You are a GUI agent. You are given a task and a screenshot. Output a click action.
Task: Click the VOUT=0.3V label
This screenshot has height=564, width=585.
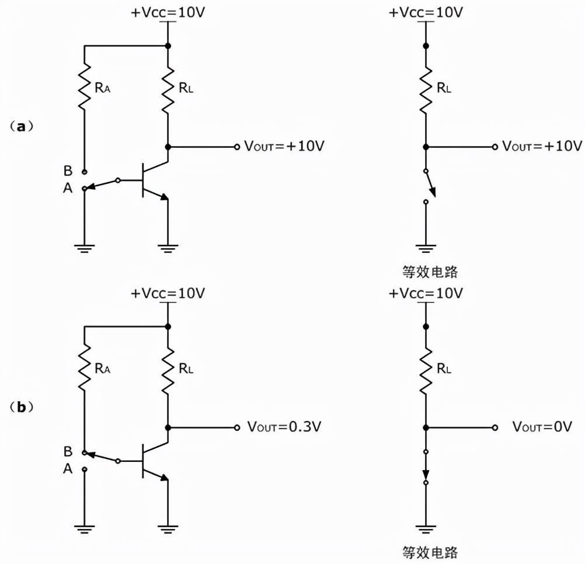pos(284,427)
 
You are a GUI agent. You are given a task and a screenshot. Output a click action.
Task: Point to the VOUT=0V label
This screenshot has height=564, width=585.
pos(542,427)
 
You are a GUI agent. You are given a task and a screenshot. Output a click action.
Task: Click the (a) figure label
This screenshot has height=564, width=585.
pos(22,126)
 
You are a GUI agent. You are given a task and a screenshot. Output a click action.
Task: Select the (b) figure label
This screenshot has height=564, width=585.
pos(22,407)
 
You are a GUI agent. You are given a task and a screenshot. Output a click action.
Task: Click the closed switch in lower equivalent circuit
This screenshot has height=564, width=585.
pos(426,467)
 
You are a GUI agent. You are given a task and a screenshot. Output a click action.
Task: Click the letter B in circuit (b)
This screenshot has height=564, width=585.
pos(68,451)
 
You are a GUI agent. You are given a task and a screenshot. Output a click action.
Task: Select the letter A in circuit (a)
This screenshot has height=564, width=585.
pos(68,188)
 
